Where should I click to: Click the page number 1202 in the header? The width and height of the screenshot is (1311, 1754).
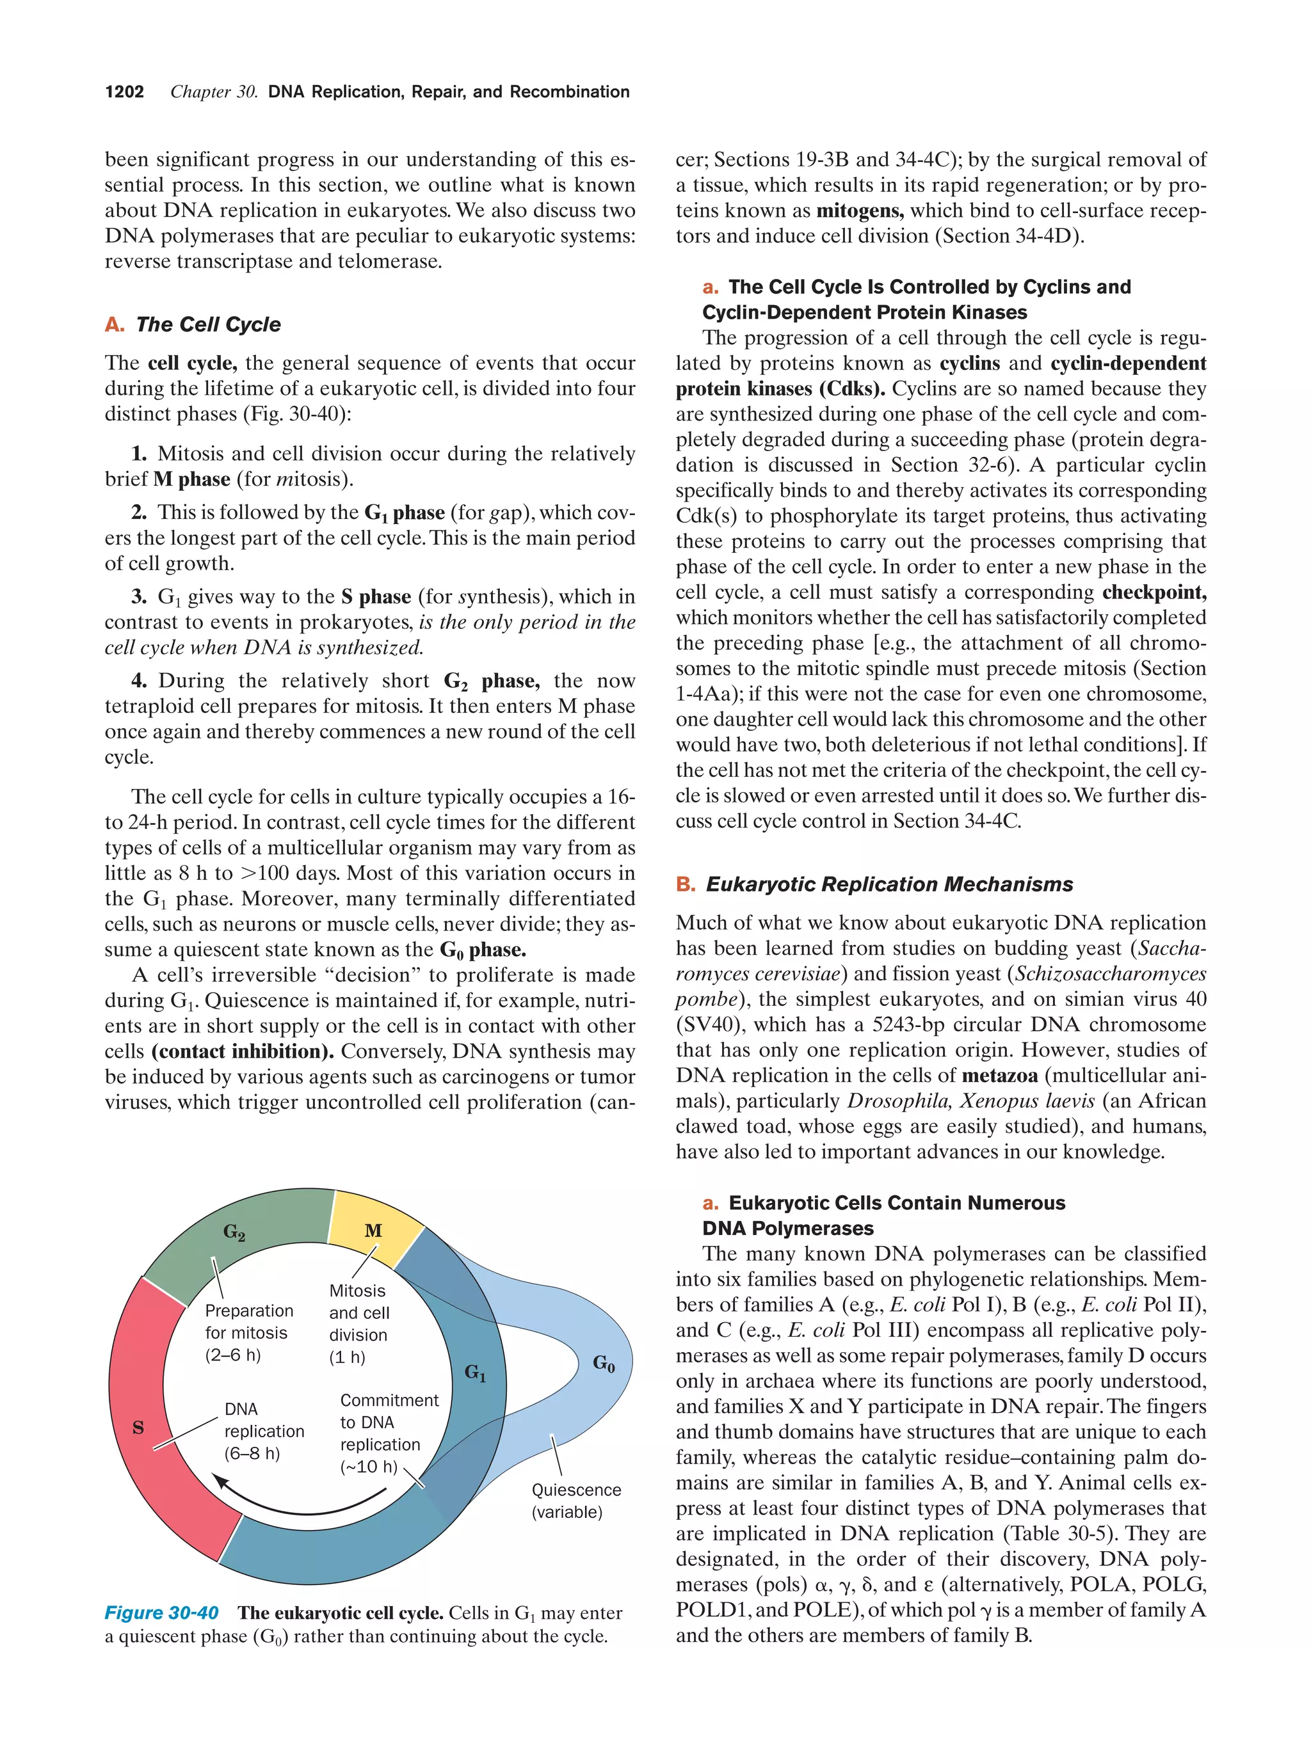[125, 92]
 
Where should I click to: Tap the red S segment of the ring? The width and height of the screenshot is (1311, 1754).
[139, 1427]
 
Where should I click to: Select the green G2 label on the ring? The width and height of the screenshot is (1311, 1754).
[234, 1231]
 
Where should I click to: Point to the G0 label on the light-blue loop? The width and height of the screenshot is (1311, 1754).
[604, 1363]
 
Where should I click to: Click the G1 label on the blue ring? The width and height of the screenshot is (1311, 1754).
[475, 1373]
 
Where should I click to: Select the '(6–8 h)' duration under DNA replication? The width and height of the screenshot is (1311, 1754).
[252, 1453]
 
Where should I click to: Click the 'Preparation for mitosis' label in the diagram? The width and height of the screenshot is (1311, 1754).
[248, 1321]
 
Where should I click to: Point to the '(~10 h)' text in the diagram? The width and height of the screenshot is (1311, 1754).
[369, 1466]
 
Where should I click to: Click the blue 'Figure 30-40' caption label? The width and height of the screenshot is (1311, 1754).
[161, 1612]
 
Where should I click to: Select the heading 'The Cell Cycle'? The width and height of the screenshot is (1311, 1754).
[208, 324]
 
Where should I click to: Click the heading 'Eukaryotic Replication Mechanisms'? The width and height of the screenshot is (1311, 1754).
[889, 884]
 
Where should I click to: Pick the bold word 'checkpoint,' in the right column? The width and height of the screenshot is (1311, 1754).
[1154, 593]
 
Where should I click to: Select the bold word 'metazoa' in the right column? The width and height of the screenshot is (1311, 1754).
[999, 1076]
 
